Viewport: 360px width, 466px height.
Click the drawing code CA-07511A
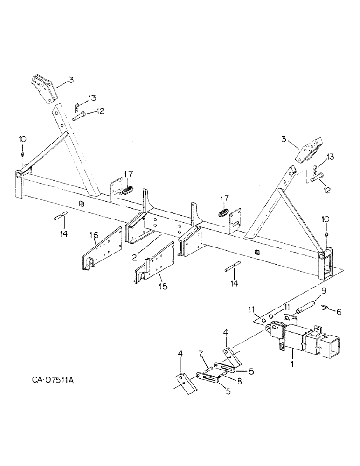(48, 380)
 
